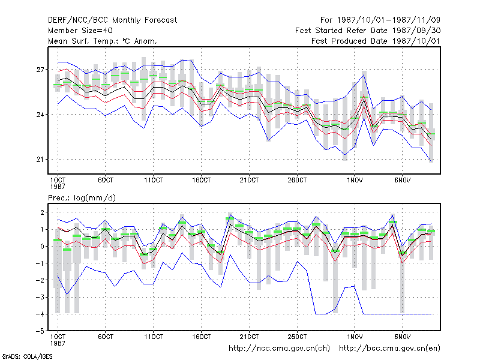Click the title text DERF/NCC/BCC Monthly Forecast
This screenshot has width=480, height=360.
[x=112, y=20]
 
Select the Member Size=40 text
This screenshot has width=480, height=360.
[x=80, y=31]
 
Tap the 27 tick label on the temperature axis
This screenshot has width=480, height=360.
[x=40, y=70]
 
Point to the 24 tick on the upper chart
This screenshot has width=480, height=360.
[x=40, y=115]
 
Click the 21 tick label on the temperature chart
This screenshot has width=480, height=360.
[x=40, y=160]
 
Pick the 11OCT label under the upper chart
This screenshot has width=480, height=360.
[x=154, y=181]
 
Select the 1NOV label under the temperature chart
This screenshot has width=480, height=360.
[x=355, y=181]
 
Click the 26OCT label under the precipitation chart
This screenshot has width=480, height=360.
[x=297, y=337]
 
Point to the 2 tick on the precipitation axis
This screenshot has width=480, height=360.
[x=42, y=212]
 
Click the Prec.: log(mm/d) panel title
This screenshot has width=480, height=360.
[x=82, y=198]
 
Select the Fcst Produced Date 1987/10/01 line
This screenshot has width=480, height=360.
[x=376, y=41]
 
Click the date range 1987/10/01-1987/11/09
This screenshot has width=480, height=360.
[x=389, y=20]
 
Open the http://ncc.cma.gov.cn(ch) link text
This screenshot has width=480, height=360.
[x=279, y=349]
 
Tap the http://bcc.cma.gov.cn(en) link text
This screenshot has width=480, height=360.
[x=389, y=349]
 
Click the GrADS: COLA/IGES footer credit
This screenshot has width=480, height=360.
[x=27, y=356]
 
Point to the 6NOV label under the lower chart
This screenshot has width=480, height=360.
[x=402, y=337]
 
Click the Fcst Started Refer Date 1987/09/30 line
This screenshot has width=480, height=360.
[x=368, y=31]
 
